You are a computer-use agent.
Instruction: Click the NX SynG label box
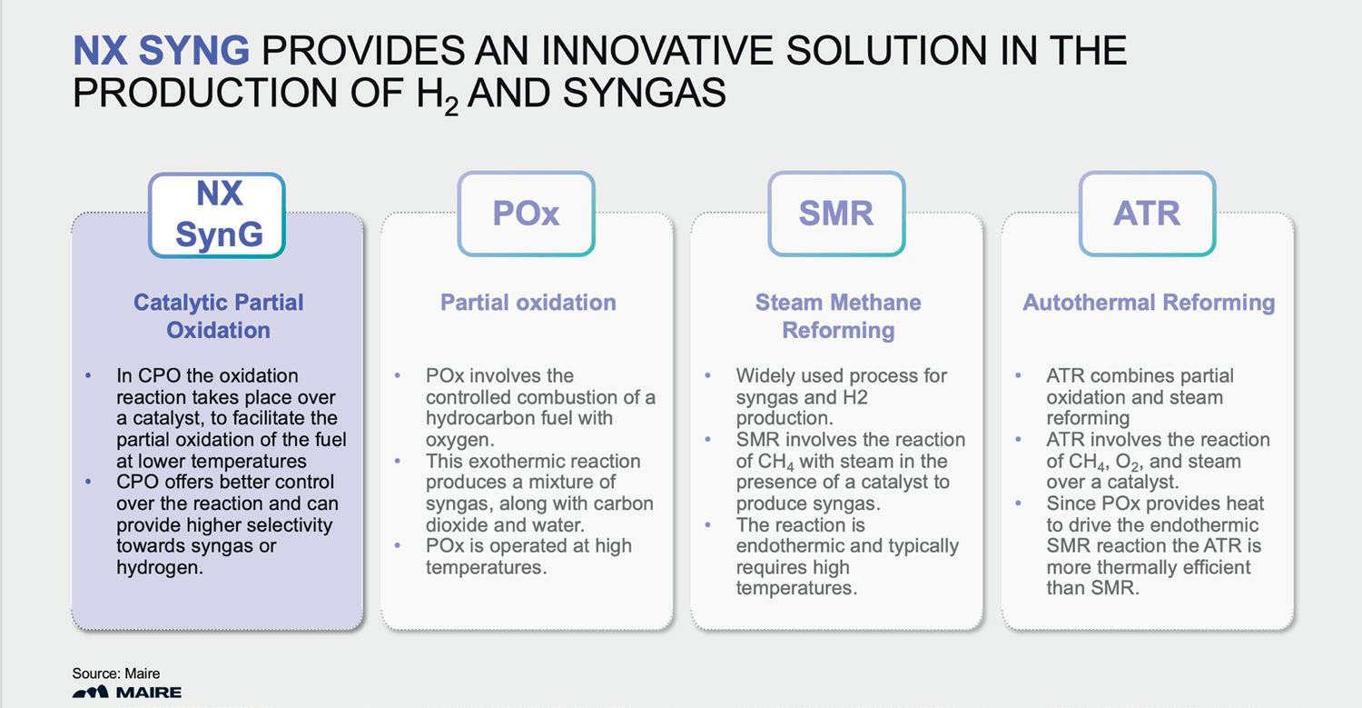[x=218, y=214]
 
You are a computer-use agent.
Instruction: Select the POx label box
[x=527, y=214]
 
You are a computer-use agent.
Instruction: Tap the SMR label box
[x=836, y=214]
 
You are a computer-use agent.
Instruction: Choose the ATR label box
[x=1147, y=214]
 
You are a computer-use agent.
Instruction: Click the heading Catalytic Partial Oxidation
[x=218, y=315]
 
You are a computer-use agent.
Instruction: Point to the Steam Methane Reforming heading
[x=838, y=315]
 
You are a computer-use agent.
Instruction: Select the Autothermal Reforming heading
[x=1149, y=303]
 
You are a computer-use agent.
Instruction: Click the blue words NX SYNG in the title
[x=161, y=52]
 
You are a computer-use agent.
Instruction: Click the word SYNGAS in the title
[x=644, y=94]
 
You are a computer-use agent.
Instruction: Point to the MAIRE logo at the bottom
[x=127, y=693]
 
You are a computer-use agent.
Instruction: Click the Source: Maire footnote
[x=116, y=673]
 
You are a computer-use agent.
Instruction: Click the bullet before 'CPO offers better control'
[x=88, y=483]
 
